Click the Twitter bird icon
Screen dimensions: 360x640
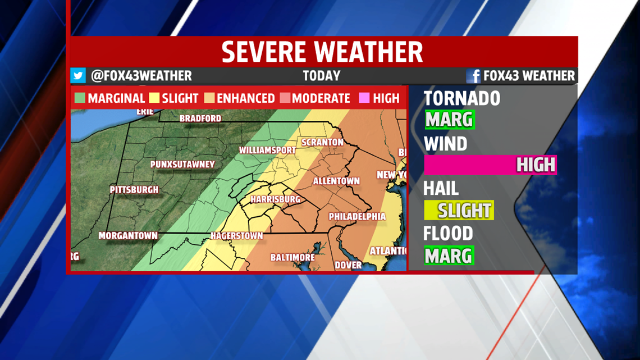78,76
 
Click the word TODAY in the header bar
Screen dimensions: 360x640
321,76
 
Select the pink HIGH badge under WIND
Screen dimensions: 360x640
490,165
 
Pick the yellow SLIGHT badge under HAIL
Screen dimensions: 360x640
459,211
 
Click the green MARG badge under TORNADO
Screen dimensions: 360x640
449,120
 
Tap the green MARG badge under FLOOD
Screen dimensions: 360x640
449,256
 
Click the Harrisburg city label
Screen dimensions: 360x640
275,199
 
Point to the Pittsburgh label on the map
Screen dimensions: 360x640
134,190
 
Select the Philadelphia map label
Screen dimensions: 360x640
357,216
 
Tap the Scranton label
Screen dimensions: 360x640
322,142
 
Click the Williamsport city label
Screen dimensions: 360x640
267,151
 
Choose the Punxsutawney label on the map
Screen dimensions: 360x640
182,165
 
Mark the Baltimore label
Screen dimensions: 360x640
292,257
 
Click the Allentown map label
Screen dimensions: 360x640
336,181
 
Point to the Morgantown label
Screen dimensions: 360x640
128,236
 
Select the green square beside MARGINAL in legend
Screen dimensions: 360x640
80,98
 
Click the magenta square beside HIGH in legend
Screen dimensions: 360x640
364,98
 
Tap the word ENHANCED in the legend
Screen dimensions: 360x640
245,98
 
